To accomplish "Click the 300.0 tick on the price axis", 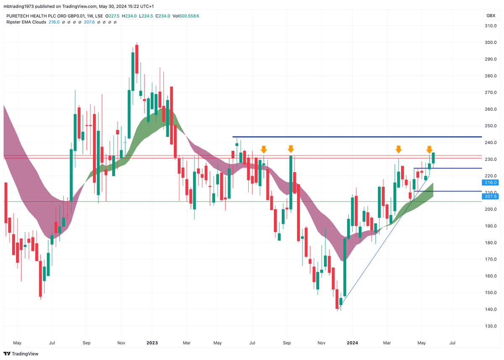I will [491, 42].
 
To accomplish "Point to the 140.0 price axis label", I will [491, 310].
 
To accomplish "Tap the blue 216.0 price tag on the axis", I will [491, 182].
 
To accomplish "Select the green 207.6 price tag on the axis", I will [491, 196].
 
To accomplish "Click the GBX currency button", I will [491, 16].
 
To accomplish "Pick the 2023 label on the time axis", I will [152, 343].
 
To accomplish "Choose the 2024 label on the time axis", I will [352, 343].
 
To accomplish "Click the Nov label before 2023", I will [121, 343].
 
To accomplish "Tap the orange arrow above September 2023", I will [291, 149].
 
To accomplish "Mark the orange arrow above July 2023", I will [263, 149].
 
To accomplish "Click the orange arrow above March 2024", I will [399, 149].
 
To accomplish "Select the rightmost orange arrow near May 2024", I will [429, 149].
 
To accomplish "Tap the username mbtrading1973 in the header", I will [20, 6].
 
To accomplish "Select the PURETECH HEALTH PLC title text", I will [36, 16].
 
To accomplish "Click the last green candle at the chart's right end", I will [433, 158].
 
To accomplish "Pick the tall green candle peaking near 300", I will [133, 71].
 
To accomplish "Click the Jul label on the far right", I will [452, 343].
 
